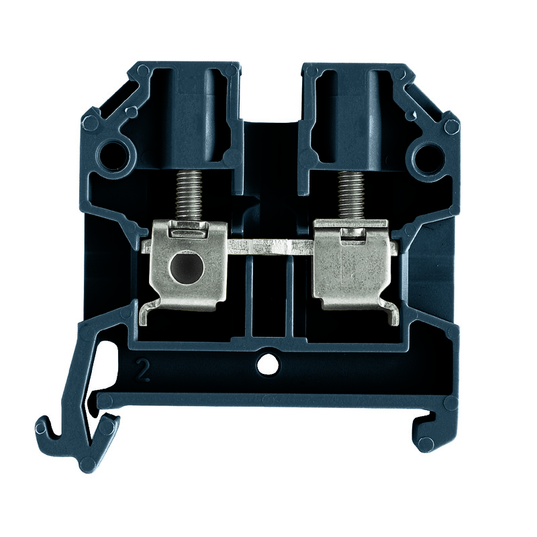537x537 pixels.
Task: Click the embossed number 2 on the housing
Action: point(142,370)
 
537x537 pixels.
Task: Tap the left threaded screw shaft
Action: point(189,195)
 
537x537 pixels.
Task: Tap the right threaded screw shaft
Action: point(350,195)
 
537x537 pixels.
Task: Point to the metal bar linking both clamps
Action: point(271,247)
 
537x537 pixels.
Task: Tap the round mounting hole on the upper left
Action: point(113,157)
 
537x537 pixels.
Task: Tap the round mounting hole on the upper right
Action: point(427,157)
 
